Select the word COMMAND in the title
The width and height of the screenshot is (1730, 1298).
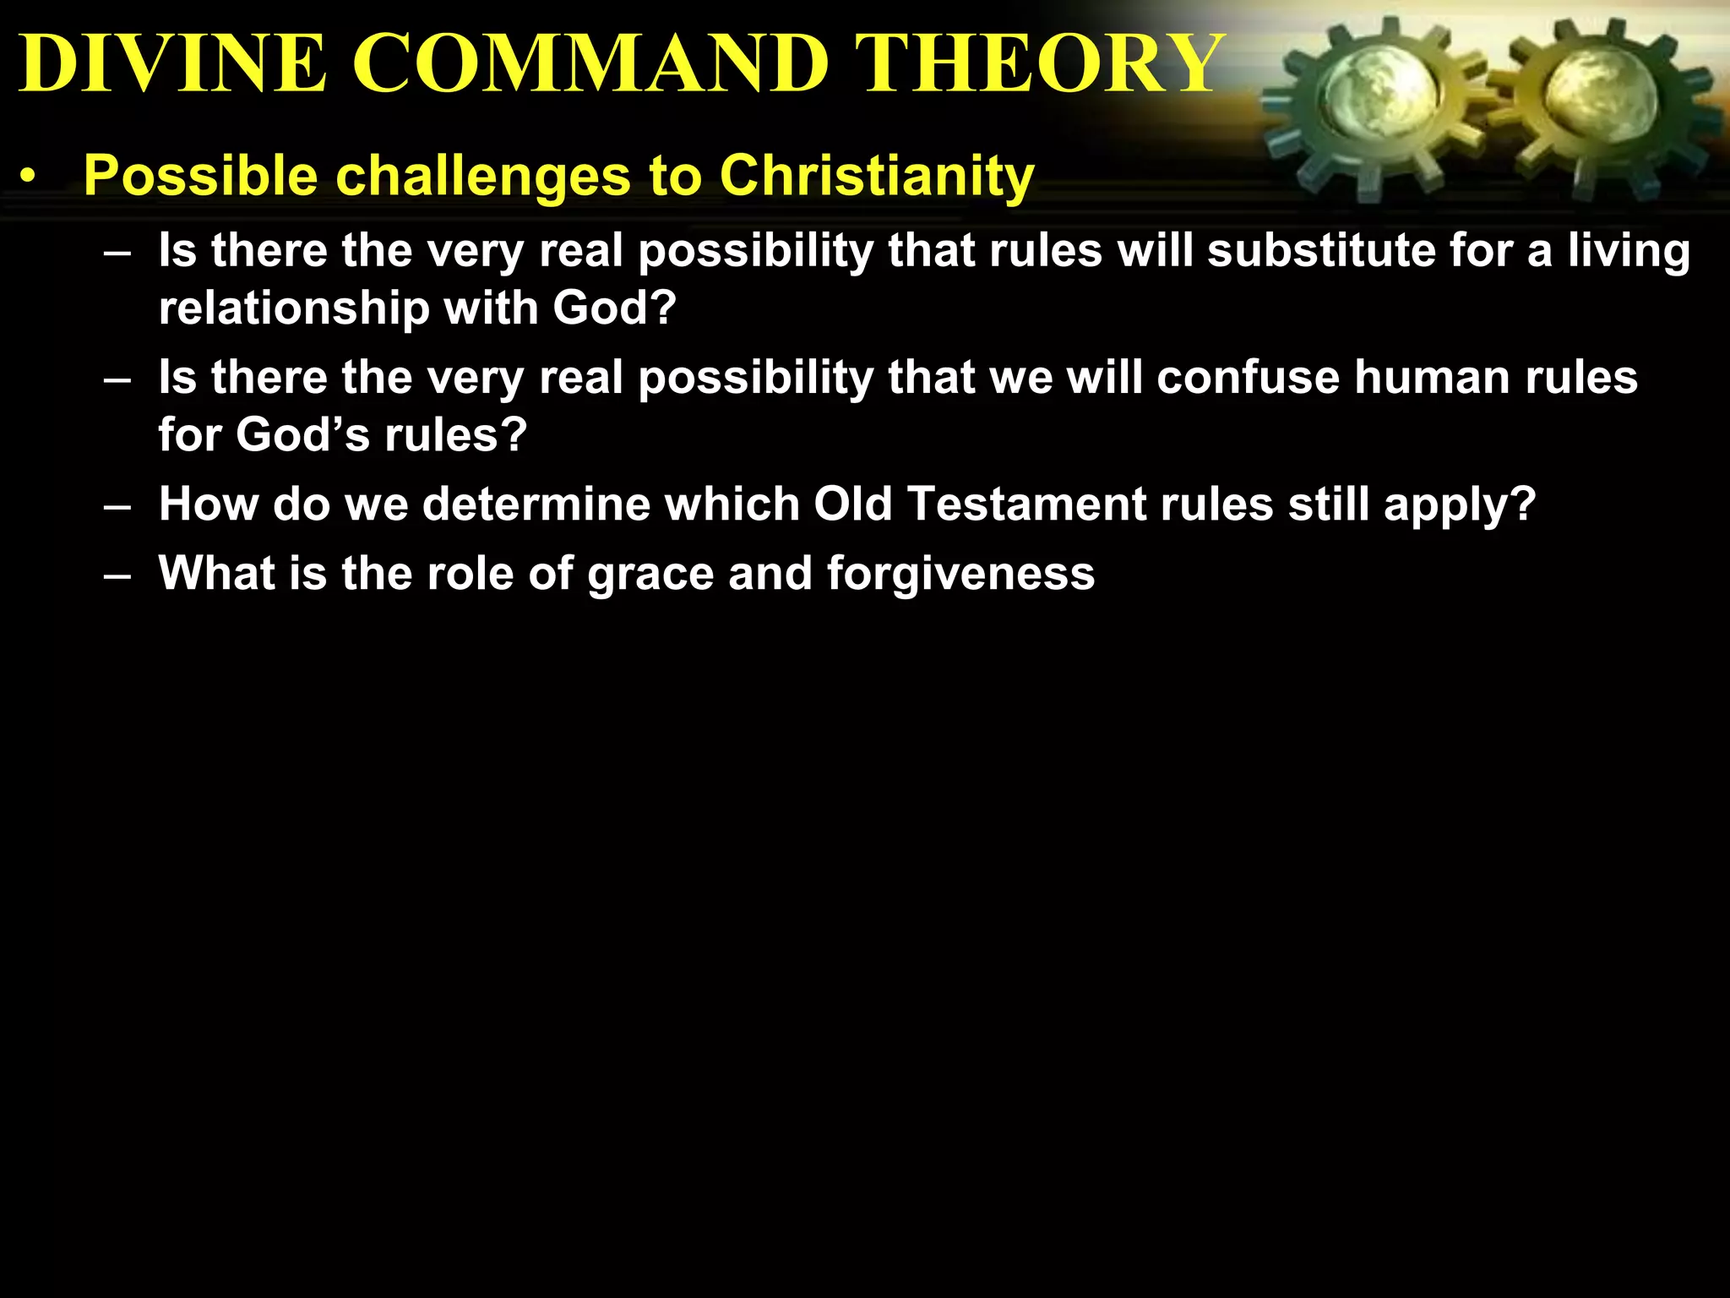pyautogui.click(x=590, y=63)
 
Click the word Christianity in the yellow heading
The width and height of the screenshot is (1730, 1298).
pyautogui.click(x=876, y=176)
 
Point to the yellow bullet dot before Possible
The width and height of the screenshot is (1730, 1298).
pyautogui.click(x=30, y=177)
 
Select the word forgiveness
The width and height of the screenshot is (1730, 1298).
pyautogui.click(x=960, y=574)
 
